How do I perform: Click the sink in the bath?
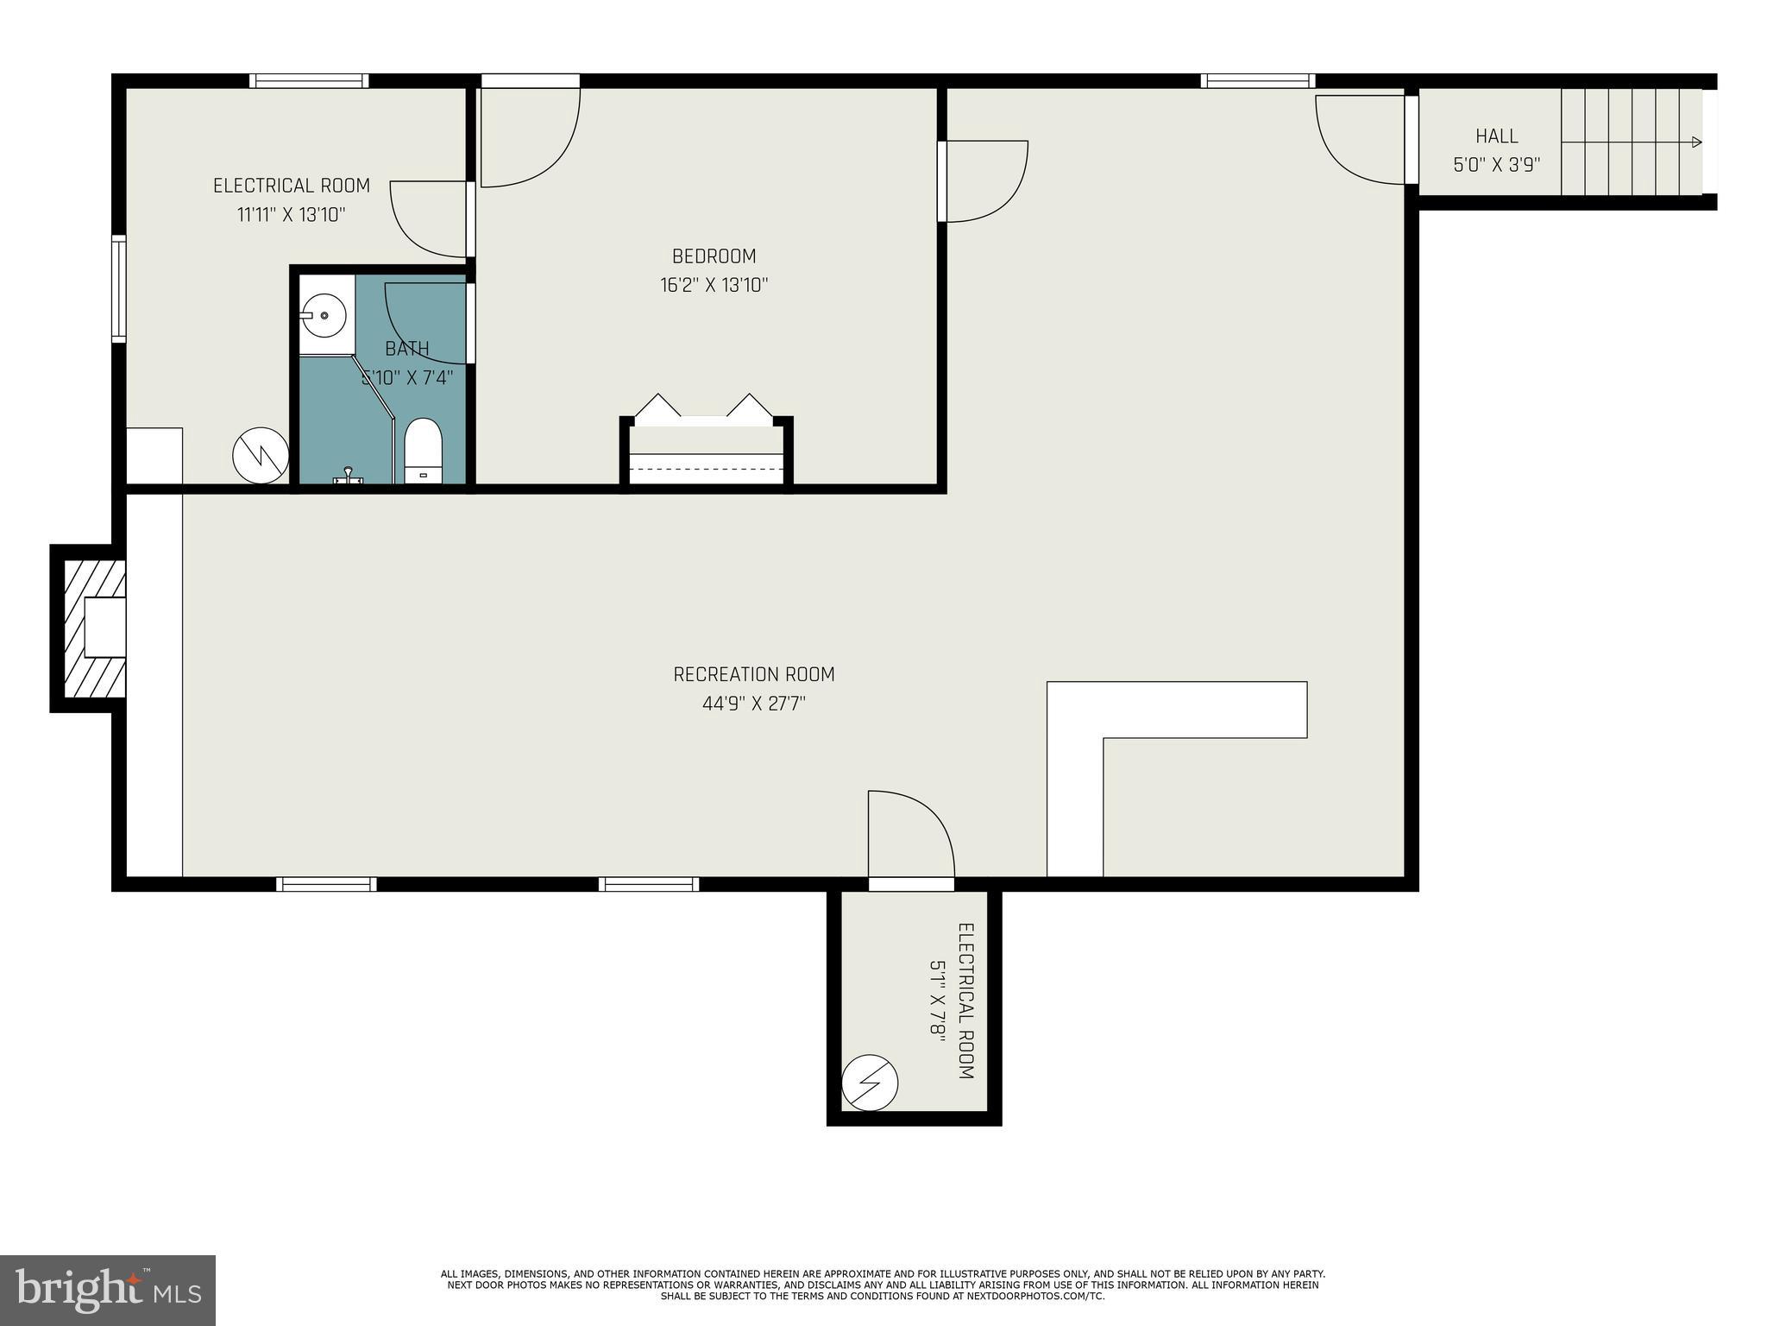pyautogui.click(x=324, y=317)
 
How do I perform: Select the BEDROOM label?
pyautogui.click(x=714, y=256)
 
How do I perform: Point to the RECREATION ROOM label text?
pyautogui.click(x=754, y=674)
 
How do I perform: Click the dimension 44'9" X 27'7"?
pyautogui.click(x=754, y=704)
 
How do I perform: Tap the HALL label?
pyautogui.click(x=1497, y=136)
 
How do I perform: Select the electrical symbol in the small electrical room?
pyautogui.click(x=870, y=1083)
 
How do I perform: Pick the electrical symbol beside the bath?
pyautogui.click(x=261, y=455)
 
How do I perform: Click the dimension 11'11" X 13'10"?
pyautogui.click(x=292, y=215)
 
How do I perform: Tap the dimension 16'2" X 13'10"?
pyautogui.click(x=714, y=285)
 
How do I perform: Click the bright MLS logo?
pyautogui.click(x=108, y=1290)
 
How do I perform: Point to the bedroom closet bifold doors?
pyautogui.click(x=704, y=409)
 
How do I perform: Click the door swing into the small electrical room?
pyautogui.click(x=911, y=834)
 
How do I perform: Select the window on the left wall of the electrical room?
pyautogui.click(x=119, y=288)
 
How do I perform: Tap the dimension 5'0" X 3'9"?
pyautogui.click(x=1497, y=165)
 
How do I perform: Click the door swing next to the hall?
pyautogui.click(x=1360, y=139)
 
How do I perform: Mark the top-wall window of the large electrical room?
pyautogui.click(x=309, y=81)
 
